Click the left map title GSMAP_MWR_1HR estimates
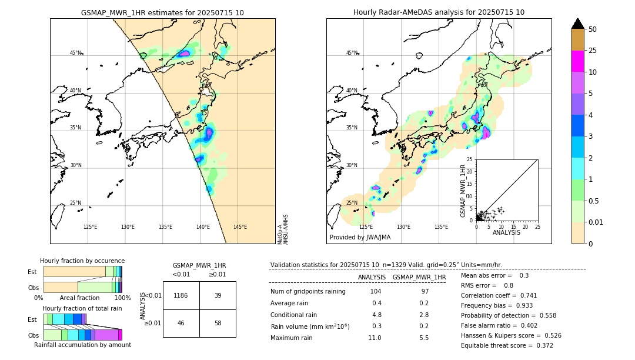point(162,12)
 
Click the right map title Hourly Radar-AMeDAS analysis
point(439,12)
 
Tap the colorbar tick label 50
point(593,29)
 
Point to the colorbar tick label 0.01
point(596,222)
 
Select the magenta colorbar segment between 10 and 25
point(577,61)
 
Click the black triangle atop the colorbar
point(577,24)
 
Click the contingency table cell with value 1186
point(181,295)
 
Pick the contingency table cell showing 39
point(218,295)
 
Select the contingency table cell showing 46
point(181,324)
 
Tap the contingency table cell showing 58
point(218,324)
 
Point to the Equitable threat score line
point(507,345)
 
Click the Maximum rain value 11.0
point(375,338)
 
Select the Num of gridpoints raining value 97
point(426,292)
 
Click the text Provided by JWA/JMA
point(360,237)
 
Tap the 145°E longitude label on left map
point(240,227)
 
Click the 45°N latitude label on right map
point(352,53)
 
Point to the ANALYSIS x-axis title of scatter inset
point(506,232)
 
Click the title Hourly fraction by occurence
point(82,261)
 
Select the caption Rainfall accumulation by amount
point(82,345)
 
